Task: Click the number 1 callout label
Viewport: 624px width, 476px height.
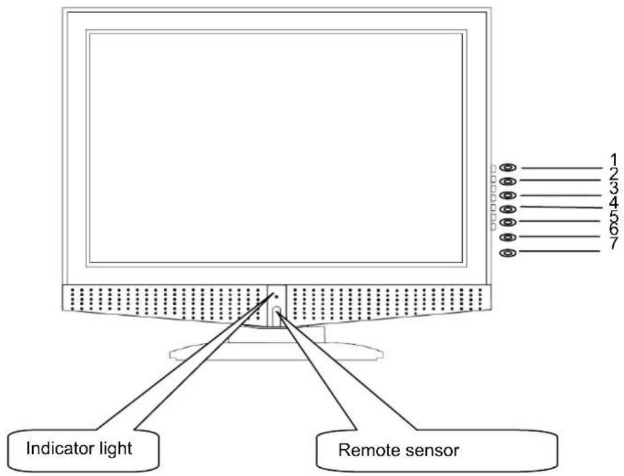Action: pos(614,160)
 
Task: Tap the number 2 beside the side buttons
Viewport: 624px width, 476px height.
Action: pos(614,174)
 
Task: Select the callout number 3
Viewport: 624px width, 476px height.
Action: pos(614,188)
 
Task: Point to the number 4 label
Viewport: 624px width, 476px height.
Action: pos(614,202)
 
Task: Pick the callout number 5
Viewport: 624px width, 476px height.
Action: pos(614,216)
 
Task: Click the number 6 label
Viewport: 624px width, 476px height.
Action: pos(614,229)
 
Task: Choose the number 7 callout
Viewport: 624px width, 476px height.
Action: pos(614,243)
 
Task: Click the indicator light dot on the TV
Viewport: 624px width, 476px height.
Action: pos(276,297)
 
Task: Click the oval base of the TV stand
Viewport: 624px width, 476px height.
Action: pos(276,352)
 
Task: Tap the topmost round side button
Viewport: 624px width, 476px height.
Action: pos(507,168)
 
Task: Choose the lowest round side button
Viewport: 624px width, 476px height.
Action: pos(507,253)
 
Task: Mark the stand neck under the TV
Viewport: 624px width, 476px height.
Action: pos(276,334)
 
